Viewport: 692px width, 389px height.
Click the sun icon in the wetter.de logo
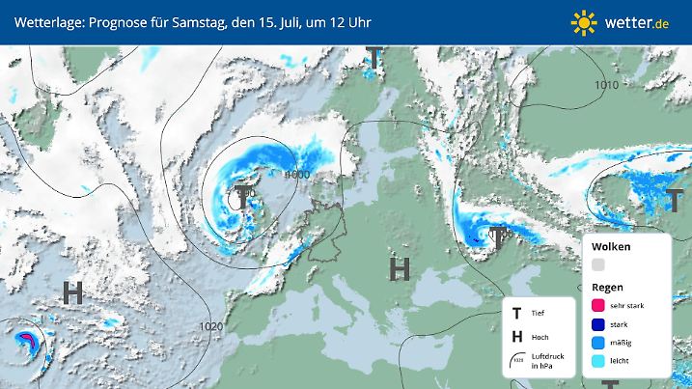[584, 21]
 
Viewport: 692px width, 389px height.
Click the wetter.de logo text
[639, 21]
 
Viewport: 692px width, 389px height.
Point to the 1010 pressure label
[606, 86]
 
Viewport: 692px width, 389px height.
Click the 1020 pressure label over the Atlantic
[211, 326]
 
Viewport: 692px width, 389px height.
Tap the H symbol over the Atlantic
[72, 292]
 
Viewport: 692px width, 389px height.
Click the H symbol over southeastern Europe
[397, 268]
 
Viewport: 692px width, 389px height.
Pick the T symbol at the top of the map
[374, 60]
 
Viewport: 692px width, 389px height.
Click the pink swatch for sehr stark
[598, 305]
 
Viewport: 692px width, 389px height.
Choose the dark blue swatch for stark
[598, 324]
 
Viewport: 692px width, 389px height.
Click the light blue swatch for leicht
[598, 362]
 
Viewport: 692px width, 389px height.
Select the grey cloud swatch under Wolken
[598, 264]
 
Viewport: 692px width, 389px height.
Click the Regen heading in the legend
[608, 287]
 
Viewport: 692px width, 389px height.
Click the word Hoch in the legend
[540, 336]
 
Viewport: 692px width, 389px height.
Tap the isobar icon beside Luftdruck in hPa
[517, 361]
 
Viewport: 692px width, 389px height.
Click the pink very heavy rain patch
[27, 338]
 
